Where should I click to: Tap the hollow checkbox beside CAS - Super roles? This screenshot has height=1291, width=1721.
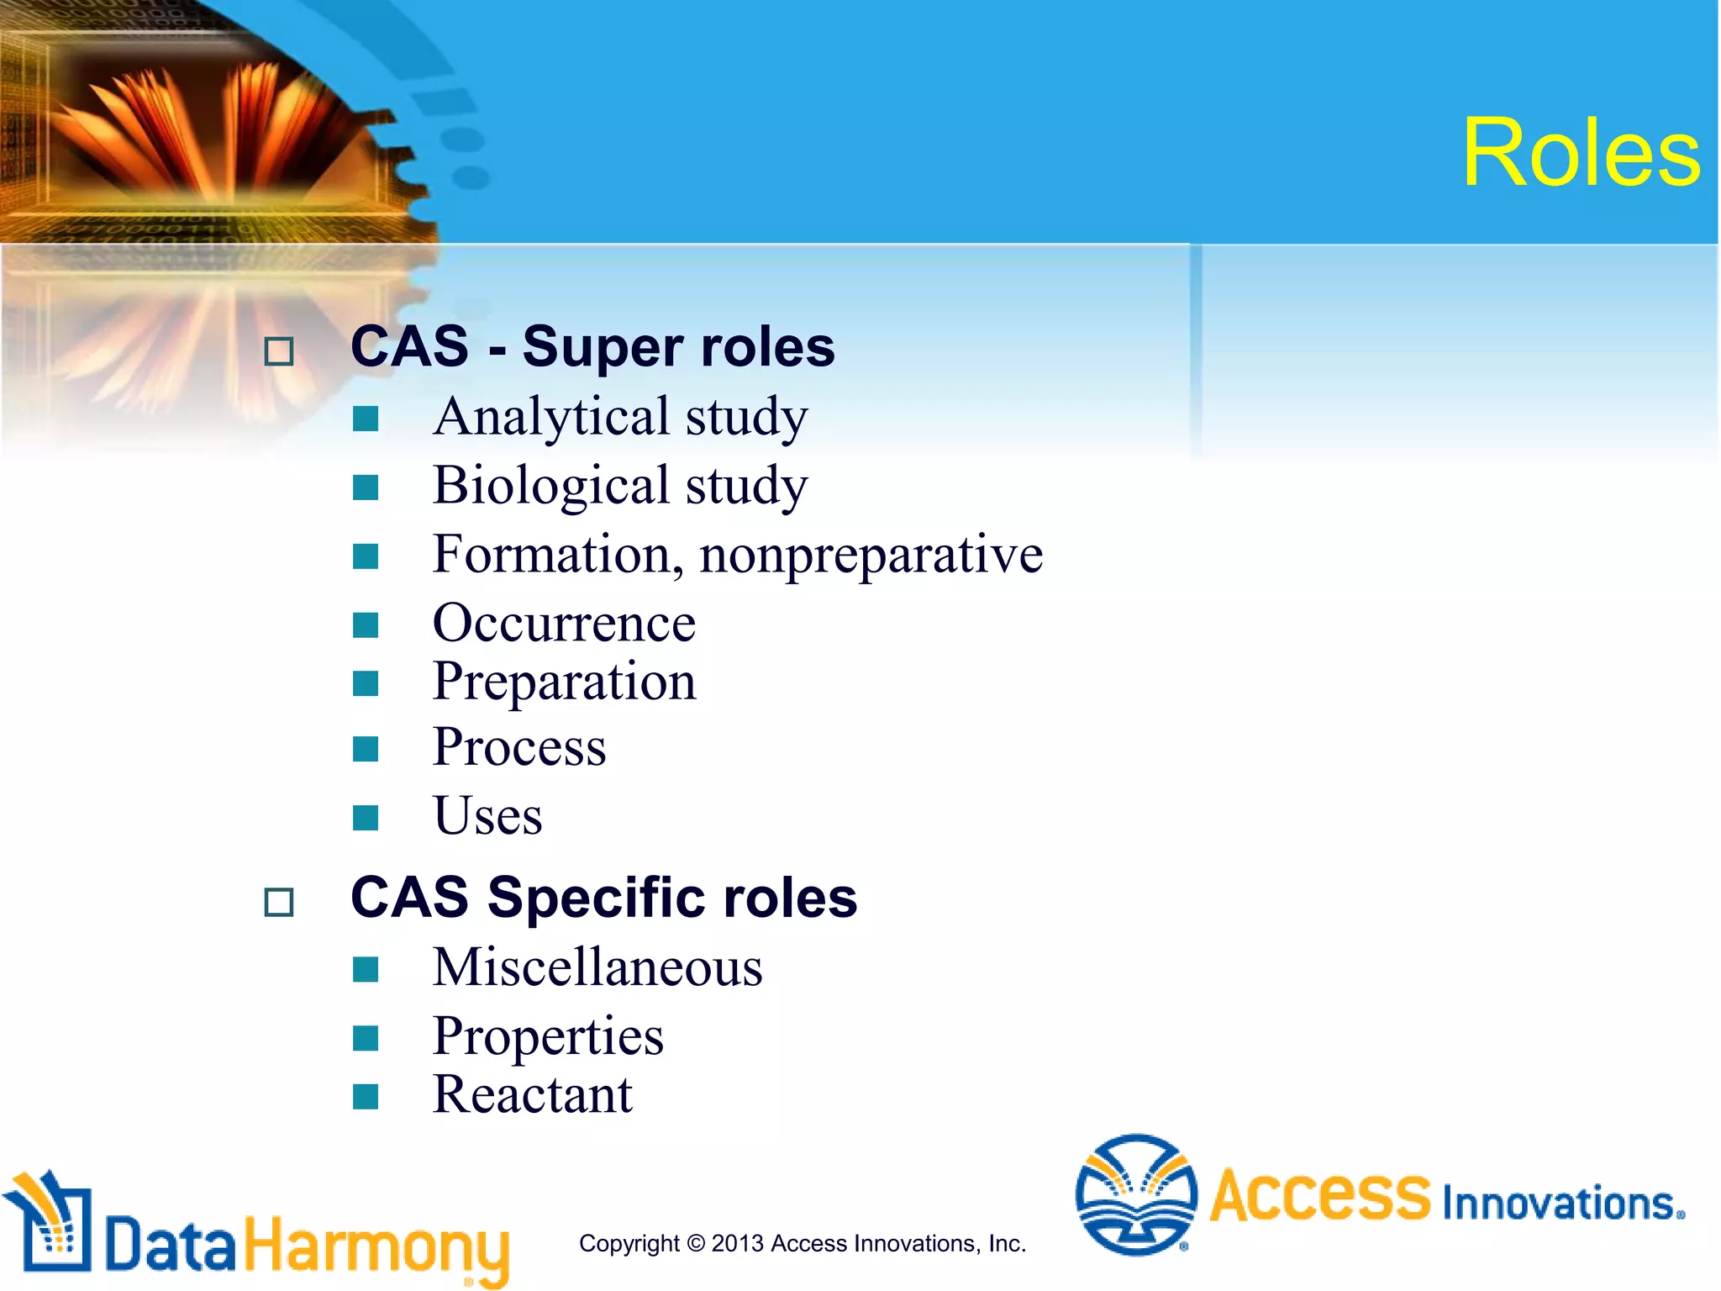279,350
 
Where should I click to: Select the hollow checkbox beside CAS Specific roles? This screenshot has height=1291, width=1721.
279,902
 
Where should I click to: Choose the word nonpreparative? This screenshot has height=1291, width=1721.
871,555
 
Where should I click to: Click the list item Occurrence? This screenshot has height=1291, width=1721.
564,624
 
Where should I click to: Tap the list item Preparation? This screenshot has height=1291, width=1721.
564,681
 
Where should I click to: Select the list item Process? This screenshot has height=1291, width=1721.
518,747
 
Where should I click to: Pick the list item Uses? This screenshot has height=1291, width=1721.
487,816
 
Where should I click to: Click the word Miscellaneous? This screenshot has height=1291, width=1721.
597,967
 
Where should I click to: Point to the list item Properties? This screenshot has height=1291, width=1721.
548,1036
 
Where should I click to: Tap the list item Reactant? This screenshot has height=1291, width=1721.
532,1095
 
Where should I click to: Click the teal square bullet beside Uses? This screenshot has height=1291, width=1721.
366,817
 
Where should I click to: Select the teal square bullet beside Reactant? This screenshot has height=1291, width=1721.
366,1096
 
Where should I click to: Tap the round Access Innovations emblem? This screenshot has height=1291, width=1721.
1136,1194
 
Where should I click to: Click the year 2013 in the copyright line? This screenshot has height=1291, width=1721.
738,1243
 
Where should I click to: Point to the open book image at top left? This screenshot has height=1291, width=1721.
210,126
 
